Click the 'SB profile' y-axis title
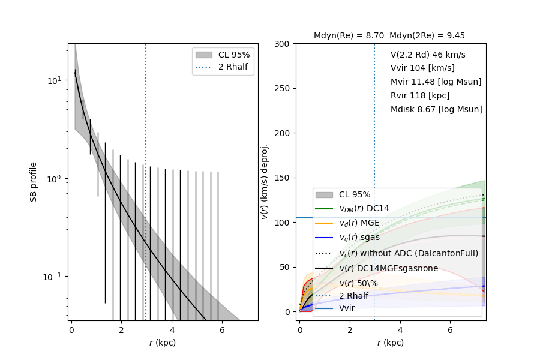(34, 182)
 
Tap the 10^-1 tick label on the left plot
(54, 277)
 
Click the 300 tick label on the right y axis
(283, 44)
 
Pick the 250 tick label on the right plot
(283, 88)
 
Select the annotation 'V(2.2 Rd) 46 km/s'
(428, 55)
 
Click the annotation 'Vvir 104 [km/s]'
(422, 68)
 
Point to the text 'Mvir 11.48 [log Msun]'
(436, 82)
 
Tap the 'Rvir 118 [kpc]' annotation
(420, 96)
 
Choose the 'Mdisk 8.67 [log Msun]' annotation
(436, 110)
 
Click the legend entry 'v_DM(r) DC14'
(364, 209)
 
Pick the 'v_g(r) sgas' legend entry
(359, 238)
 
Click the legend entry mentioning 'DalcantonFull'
(409, 253)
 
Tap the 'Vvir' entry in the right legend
(347, 308)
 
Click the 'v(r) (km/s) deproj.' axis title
(265, 181)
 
